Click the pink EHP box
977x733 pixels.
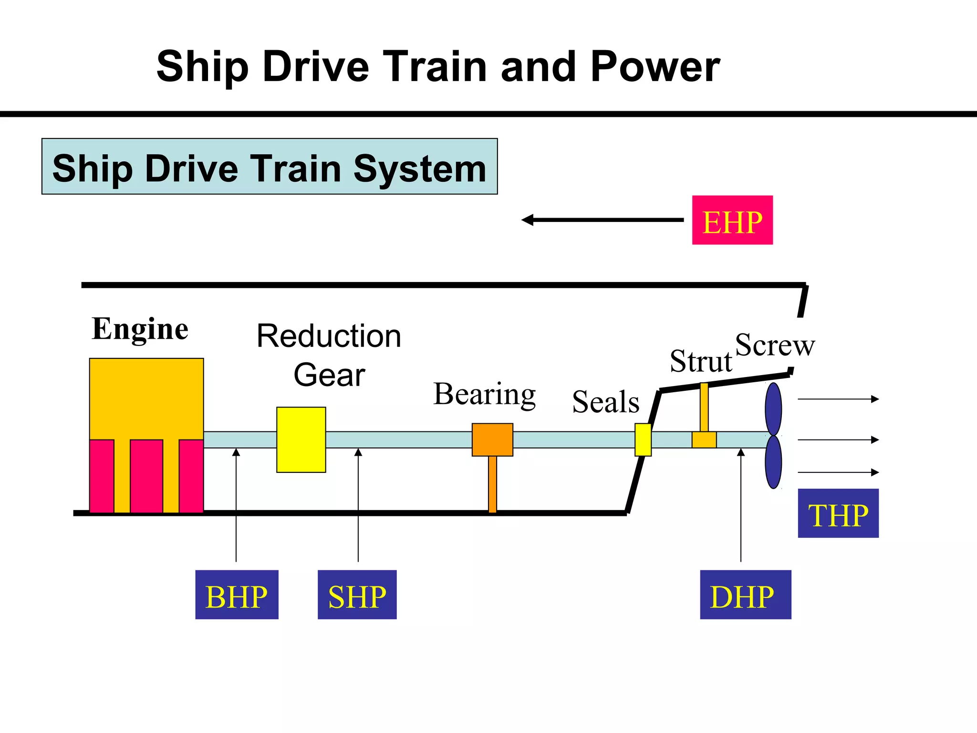pyautogui.click(x=732, y=220)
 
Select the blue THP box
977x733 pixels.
pyautogui.click(x=838, y=513)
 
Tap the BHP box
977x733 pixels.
pyautogui.click(x=237, y=595)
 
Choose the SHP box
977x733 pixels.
pyautogui.click(x=357, y=595)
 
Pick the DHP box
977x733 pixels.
pyautogui.click(x=745, y=595)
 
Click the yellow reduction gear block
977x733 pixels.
pyautogui.click(x=301, y=440)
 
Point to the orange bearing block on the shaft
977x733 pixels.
pyautogui.click(x=492, y=440)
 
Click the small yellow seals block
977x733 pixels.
pyautogui.click(x=643, y=440)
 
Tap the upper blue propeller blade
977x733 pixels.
pyautogui.click(x=773, y=409)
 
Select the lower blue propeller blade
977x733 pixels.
pyautogui.click(x=773, y=462)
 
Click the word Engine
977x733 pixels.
pyautogui.click(x=140, y=329)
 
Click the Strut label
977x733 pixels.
pyautogui.click(x=700, y=361)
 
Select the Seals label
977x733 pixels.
pyautogui.click(x=605, y=402)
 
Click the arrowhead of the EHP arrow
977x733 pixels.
pyautogui.click(x=528, y=220)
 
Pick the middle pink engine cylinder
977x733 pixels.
pyautogui.click(x=146, y=476)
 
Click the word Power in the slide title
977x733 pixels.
pyautogui.click(x=655, y=67)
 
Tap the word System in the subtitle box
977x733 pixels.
pyautogui.click(x=419, y=168)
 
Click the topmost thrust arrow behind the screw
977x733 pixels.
pyautogui.click(x=838, y=399)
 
